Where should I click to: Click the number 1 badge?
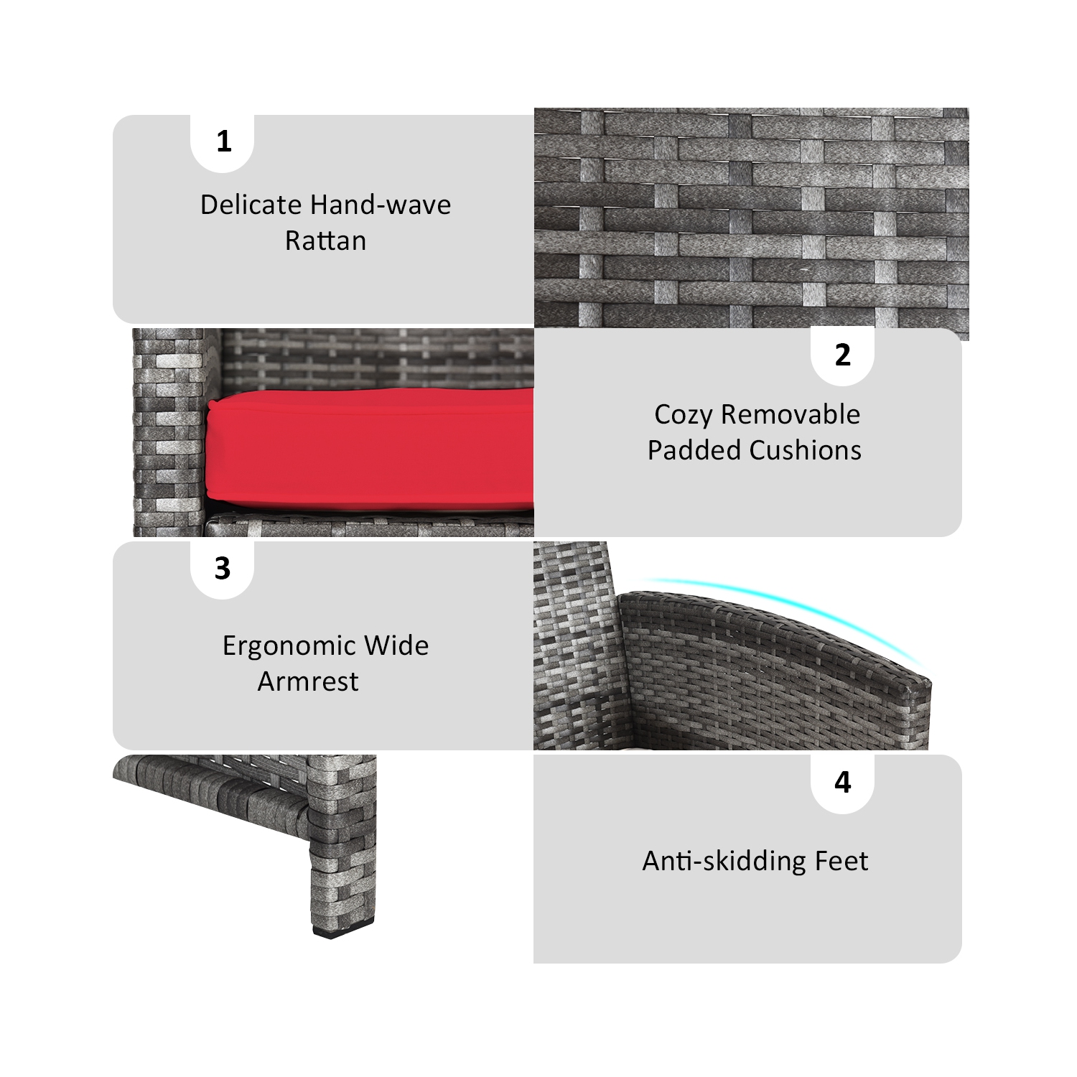click(223, 141)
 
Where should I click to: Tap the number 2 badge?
click(842, 355)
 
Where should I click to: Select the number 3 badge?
click(223, 569)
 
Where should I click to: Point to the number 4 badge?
click(842, 782)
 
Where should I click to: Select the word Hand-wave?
click(388, 205)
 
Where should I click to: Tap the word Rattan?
click(325, 241)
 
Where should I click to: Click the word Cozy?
click(683, 415)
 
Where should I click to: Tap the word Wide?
click(396, 646)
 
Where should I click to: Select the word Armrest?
click(308, 682)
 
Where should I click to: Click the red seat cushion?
click(370, 449)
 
